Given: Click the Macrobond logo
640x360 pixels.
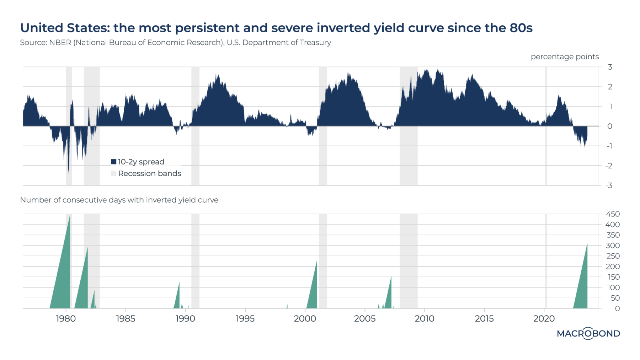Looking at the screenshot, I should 588,333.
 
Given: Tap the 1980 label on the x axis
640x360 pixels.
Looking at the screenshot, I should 66,319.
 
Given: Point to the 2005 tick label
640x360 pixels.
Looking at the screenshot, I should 365,319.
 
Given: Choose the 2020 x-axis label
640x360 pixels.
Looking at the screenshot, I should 544,319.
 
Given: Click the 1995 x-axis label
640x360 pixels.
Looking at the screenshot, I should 245,319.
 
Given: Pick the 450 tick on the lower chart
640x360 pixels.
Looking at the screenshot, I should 613,214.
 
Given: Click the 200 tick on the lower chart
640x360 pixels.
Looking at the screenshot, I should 613,267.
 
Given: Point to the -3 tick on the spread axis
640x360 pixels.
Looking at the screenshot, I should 609,186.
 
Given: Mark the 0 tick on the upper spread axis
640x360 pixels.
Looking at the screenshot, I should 610,127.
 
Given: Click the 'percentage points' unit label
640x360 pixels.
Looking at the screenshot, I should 565,57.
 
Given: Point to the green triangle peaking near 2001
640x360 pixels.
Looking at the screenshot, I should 313,291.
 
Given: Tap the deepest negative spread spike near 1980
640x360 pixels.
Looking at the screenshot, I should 68,167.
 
